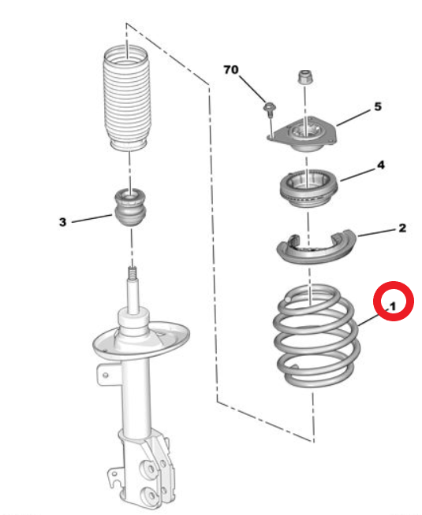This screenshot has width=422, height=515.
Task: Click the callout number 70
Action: pos(230,69)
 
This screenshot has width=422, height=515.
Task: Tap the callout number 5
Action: pos(378,106)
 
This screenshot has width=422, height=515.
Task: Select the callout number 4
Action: pos(381,165)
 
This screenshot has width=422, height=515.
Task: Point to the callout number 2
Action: pos(402,228)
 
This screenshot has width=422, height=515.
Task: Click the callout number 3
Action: pos(62,222)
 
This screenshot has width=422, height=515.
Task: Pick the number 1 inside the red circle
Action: pos(392,307)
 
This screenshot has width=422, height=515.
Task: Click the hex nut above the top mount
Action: pos(306,77)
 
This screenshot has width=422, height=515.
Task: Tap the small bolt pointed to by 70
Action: pos(270,109)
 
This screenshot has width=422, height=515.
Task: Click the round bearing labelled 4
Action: pos(308,188)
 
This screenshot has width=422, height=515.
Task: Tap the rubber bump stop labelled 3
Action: pos(131,207)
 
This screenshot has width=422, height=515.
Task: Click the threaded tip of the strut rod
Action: pos(133,272)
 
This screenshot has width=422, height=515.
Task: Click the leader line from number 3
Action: pos(91,219)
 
